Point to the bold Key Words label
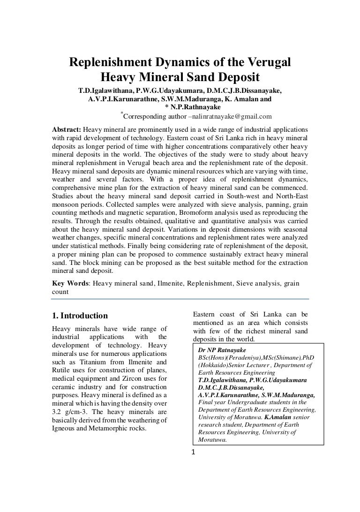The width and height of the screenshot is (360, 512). click(x=70, y=283)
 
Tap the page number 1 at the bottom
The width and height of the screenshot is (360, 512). click(x=193, y=452)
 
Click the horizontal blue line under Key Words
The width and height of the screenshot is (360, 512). click(x=180, y=299)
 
